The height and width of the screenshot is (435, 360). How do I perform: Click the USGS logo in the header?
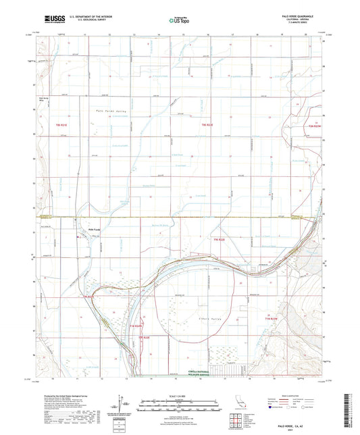50,20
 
